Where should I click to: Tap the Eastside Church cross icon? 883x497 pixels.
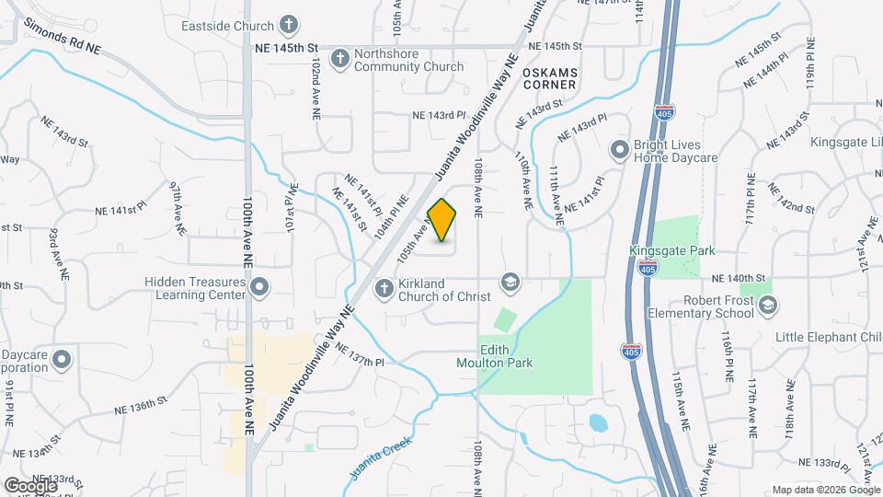tap(289, 26)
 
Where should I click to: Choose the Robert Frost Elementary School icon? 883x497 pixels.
tap(768, 306)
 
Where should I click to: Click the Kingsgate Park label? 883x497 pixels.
tap(671, 250)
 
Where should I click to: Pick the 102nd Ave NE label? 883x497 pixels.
tap(315, 76)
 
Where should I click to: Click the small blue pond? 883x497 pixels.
tap(598, 424)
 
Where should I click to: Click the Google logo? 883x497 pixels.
tap(30, 485)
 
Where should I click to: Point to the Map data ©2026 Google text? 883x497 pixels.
tap(825, 490)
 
